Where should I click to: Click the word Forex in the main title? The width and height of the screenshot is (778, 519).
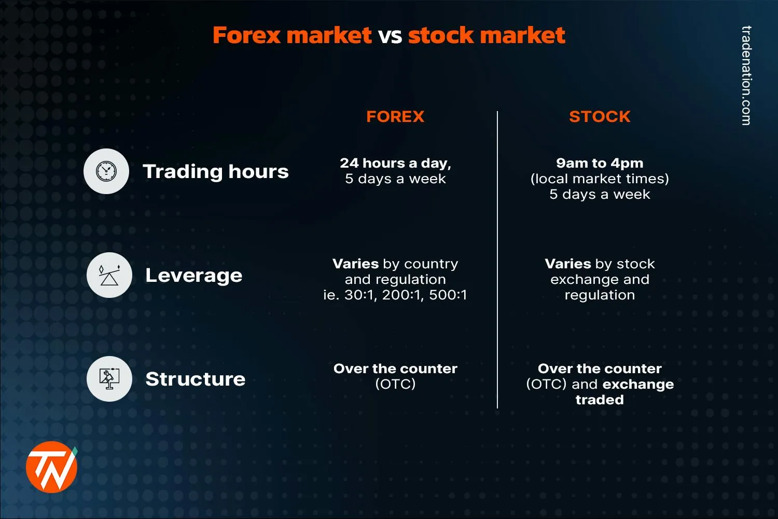coord(247,35)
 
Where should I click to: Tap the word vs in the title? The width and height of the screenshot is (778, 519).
coord(390,35)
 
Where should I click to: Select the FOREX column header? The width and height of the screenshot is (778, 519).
coord(395,116)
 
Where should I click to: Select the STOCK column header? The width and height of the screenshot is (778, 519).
coord(600,116)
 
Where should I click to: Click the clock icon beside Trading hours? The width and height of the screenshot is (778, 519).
coord(106,171)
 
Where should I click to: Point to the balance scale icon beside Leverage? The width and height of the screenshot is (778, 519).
coord(109,275)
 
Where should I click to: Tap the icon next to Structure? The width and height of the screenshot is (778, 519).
coord(109,379)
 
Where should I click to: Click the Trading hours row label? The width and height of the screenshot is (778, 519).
coord(215,171)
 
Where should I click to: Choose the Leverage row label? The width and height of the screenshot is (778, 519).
coord(193,275)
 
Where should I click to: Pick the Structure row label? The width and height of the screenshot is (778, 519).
coord(195,379)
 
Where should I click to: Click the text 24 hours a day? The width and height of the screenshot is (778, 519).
coord(395,163)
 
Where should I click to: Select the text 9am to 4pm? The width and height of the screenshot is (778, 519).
coord(600,163)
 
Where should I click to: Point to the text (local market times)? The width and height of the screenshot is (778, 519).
coord(600,179)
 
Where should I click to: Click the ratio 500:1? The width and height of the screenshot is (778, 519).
coord(448,295)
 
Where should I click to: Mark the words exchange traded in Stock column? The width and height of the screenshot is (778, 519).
coord(622,392)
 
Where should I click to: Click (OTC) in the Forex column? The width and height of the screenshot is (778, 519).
coord(395,384)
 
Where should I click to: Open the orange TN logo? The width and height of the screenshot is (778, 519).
coord(51,467)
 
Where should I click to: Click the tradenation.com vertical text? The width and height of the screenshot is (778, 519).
coord(746,75)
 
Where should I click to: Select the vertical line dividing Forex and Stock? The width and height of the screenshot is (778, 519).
coord(497,259)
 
